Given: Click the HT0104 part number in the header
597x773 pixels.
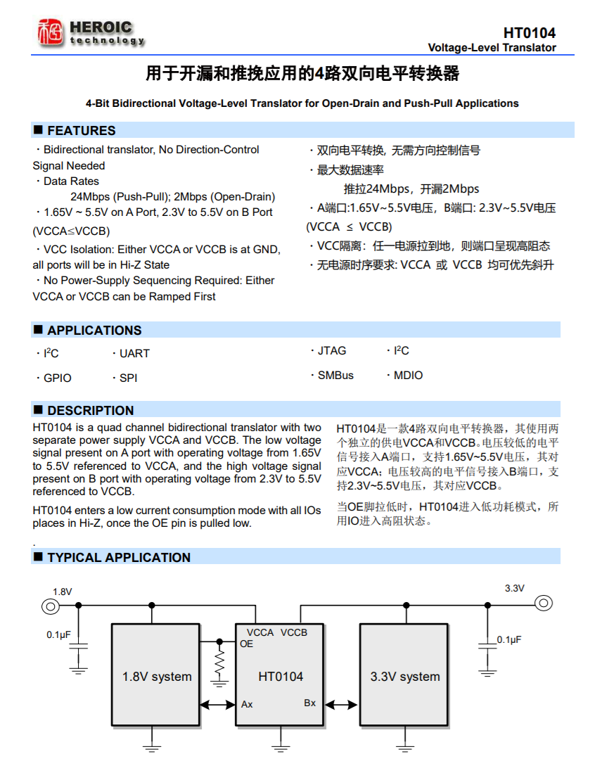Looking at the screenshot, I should click(x=529, y=33).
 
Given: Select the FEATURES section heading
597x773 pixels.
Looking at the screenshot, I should click(x=81, y=131).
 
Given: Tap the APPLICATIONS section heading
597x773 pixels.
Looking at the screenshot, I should click(x=94, y=331).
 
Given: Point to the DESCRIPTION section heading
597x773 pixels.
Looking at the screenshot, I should click(x=90, y=411).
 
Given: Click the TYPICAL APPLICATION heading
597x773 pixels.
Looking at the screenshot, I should click(x=119, y=558).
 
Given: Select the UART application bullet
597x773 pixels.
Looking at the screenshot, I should click(x=134, y=354).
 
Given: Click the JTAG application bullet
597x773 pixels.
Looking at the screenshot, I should click(x=331, y=351).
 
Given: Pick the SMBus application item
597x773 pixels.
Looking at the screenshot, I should click(x=335, y=376).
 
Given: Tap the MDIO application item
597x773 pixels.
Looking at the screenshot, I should click(x=408, y=376).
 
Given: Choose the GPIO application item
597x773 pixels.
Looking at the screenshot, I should click(x=57, y=378).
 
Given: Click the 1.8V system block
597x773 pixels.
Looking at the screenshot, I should click(x=157, y=677).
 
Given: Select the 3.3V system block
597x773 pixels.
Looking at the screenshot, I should click(x=405, y=677).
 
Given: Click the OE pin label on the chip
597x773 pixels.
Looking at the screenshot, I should click(x=246, y=644).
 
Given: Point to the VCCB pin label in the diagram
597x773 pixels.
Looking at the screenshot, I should click(x=294, y=632).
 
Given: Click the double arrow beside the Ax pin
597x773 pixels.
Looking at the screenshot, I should click(x=218, y=704).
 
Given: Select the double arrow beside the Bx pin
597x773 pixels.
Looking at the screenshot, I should click(x=342, y=704).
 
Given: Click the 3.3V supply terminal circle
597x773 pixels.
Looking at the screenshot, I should click(x=543, y=603).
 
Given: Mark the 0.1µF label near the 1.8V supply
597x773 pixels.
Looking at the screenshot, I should click(x=58, y=634).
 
